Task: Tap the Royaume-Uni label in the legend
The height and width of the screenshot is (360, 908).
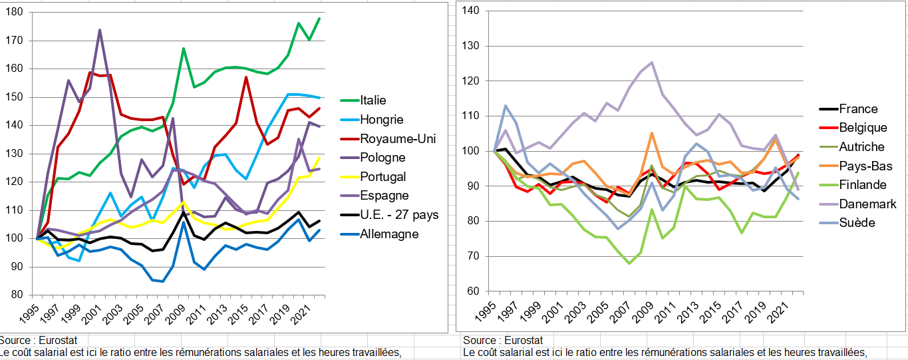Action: click(389, 139)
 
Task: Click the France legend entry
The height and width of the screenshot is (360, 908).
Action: click(858, 109)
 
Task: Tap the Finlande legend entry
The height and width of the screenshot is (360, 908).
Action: click(863, 185)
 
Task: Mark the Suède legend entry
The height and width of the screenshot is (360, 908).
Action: click(857, 223)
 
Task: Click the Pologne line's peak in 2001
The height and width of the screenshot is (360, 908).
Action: click(100, 30)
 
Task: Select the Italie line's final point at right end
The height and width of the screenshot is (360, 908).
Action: click(319, 18)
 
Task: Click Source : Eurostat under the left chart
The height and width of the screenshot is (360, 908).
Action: click(39, 341)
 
